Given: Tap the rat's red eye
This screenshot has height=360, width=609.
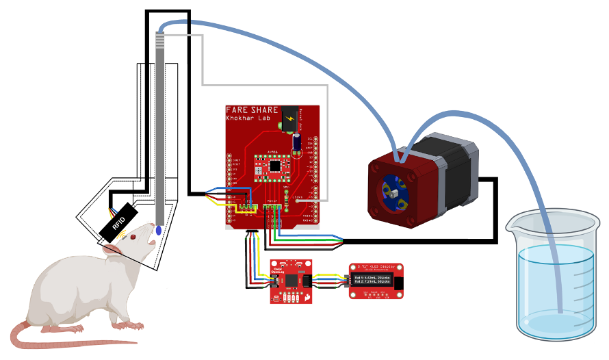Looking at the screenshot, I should coord(133,237).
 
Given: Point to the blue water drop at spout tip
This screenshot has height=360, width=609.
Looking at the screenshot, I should coord(159,231).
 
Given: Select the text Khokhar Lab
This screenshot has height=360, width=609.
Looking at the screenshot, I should coord(247,118).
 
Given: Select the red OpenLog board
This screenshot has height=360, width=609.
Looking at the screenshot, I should coord(291,281).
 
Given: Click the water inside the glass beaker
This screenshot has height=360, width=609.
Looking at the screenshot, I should coord(554,287).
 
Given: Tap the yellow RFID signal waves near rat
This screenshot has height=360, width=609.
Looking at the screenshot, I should coord(125,235).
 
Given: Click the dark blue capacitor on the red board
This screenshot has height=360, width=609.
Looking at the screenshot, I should coord(298,142).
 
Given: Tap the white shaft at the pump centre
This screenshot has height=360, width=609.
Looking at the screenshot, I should coord(396,196).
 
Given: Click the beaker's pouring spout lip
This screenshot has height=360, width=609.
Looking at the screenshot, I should coord(514,222).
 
